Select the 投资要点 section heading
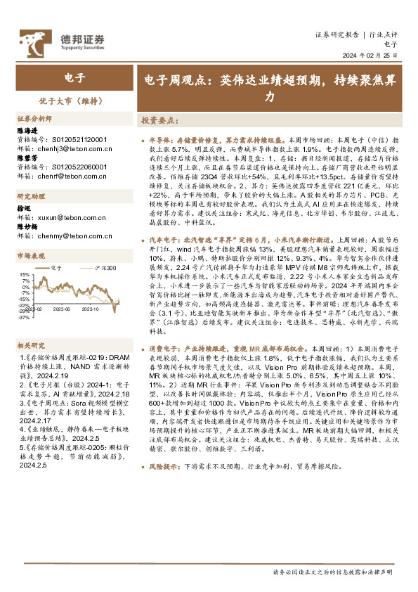(159, 121)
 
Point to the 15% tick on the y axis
(23, 274)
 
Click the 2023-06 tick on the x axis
(63, 308)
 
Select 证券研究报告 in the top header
(337, 33)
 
